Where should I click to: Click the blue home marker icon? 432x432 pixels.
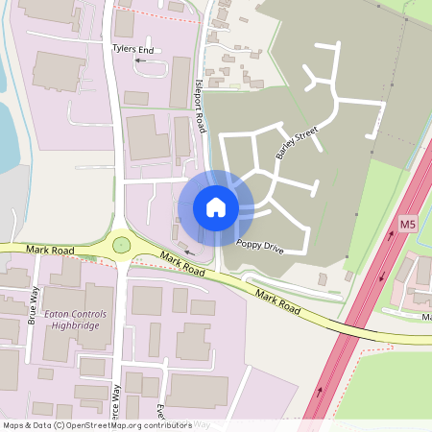[216, 206]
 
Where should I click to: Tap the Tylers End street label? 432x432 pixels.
[133, 47]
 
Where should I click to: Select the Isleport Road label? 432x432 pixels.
[201, 106]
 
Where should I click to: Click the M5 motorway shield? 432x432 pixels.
[407, 226]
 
